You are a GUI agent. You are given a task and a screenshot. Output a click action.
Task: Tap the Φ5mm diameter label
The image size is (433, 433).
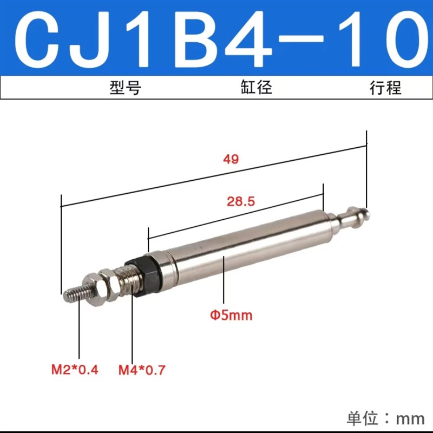point(232,314)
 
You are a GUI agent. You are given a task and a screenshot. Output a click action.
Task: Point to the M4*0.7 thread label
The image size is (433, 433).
point(142,370)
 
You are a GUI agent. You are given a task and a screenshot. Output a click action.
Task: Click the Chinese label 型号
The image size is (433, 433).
point(125,88)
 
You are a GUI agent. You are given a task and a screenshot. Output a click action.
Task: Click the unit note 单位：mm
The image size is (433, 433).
point(385,418)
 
